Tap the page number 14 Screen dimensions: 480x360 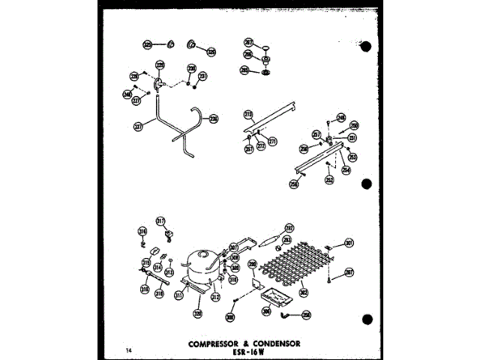pos(128,349)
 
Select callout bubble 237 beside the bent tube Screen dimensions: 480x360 pos(138,127)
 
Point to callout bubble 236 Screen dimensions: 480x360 pos(214,118)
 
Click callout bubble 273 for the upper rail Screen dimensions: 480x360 pos(248,114)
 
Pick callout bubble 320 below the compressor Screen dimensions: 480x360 pos(198,313)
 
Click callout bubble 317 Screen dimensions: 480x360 pos(160,221)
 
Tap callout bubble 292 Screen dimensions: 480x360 pos(289,227)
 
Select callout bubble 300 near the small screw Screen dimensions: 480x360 pos(230,317)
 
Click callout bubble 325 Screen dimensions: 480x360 pos(148,45)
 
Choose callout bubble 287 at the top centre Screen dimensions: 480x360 pos(248,43)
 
